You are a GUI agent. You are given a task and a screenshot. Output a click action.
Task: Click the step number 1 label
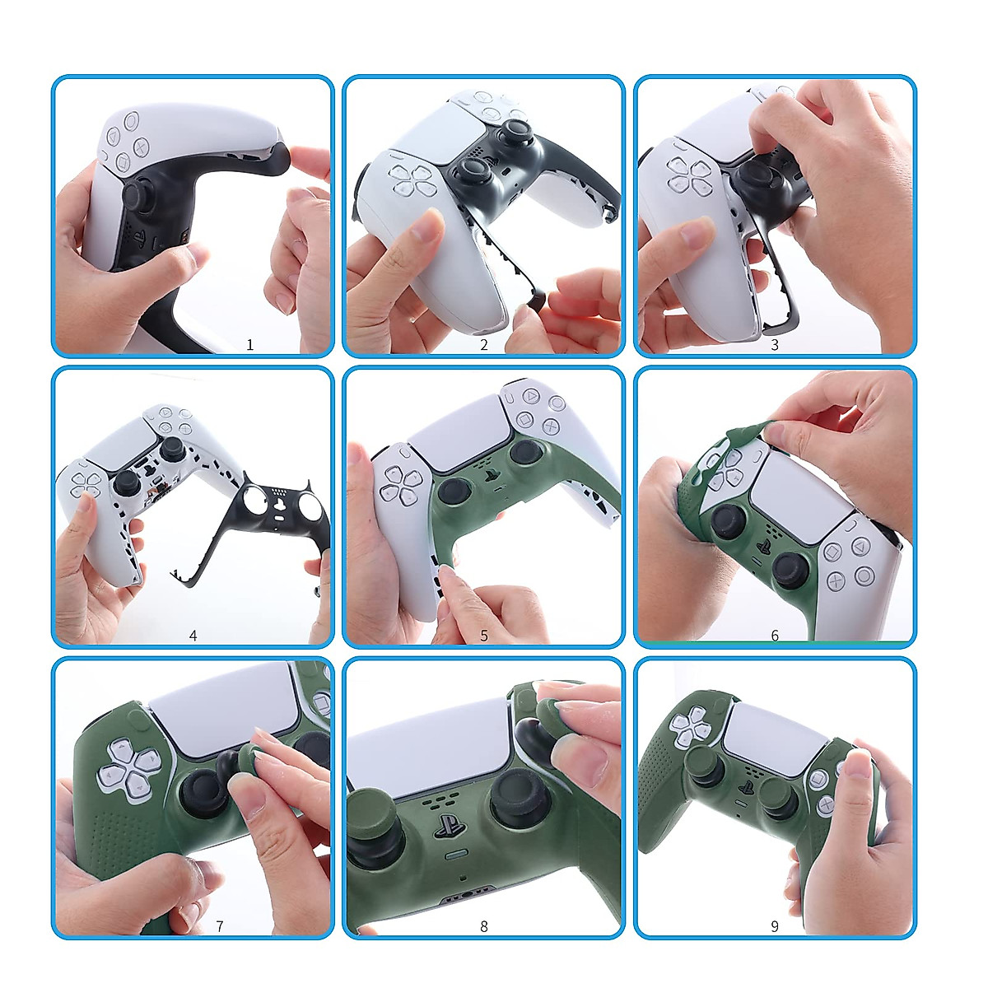[x=250, y=345]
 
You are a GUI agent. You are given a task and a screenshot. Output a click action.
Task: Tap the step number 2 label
[x=484, y=345]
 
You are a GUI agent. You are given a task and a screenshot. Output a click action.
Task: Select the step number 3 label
[x=775, y=345]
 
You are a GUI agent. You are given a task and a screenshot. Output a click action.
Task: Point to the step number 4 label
[x=193, y=636]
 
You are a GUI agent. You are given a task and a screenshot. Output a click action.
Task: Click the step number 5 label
[x=484, y=636]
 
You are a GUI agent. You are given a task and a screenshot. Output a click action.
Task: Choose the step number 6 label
[x=775, y=636]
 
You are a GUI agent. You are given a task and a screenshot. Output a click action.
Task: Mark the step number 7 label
[x=220, y=926]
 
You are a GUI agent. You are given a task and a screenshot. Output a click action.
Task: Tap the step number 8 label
[x=484, y=926]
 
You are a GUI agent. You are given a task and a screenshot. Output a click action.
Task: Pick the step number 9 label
[x=775, y=926]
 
